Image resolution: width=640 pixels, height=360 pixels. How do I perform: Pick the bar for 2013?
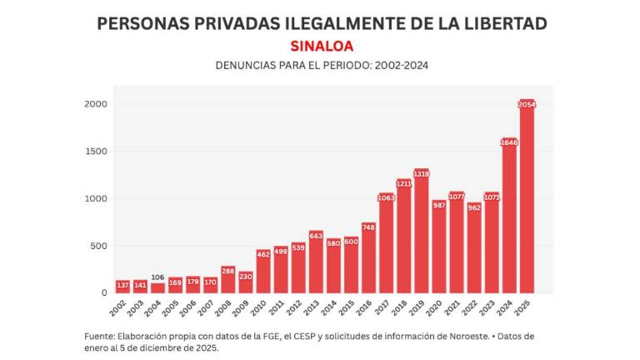(316, 262)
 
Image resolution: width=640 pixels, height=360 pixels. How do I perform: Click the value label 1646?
(509, 142)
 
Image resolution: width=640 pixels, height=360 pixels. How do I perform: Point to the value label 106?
(157, 277)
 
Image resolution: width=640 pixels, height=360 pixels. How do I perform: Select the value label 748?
(368, 227)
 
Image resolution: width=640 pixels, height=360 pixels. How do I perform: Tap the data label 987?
(438, 204)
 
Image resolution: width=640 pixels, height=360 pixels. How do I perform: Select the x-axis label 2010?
(259, 307)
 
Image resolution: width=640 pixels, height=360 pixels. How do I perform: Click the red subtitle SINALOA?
(322, 45)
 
